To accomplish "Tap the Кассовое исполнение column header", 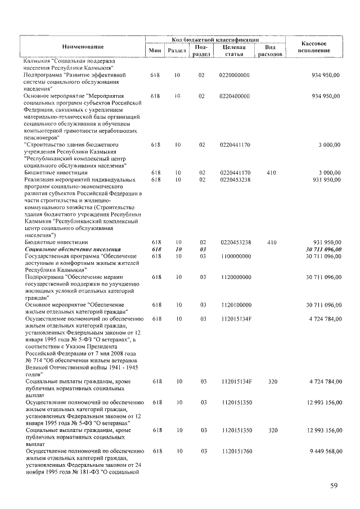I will point(315,47).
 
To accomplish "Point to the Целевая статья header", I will point(234,51).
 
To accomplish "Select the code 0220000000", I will point(235,75).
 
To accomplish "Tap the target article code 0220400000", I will point(235,96).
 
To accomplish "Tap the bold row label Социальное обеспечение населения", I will point(73,249).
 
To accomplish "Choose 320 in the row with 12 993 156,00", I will point(273,430).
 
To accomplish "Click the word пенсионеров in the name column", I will point(40,137).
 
